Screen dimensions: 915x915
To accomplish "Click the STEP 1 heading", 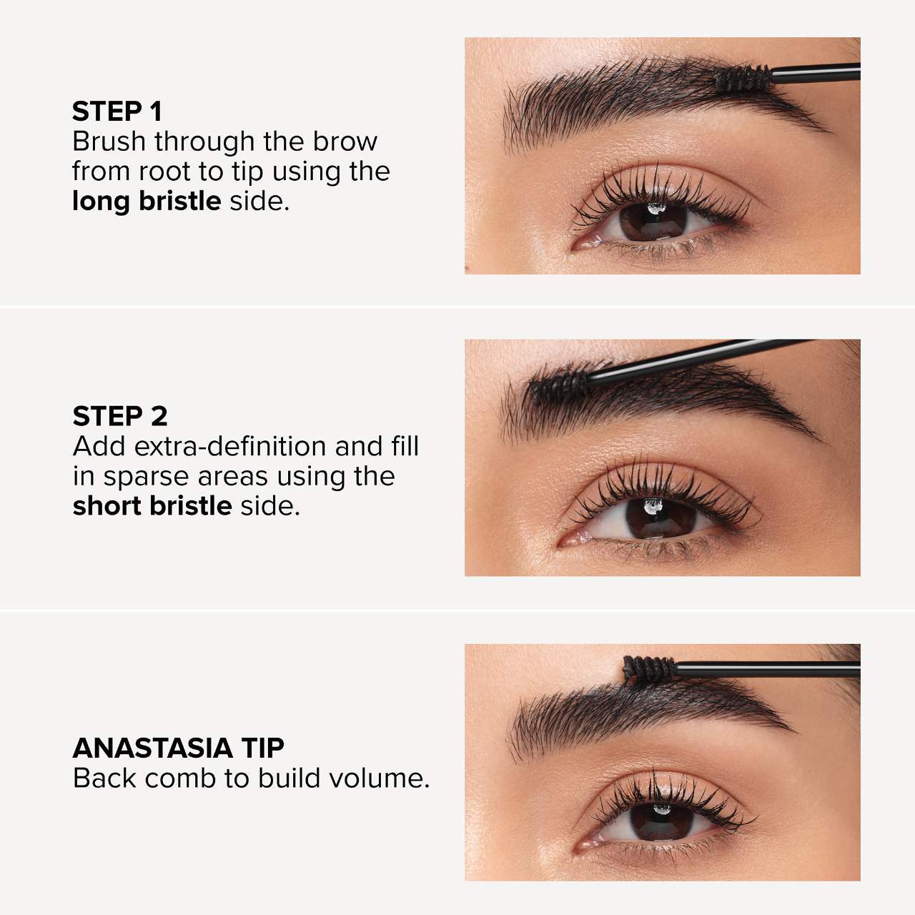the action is pos(117,112).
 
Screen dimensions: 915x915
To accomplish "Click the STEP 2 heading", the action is pos(120,416).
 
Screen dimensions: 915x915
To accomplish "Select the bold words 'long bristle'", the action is pos(147,202).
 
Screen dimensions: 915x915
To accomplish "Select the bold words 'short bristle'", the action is pos(152,505).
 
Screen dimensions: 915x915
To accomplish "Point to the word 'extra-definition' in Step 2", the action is pos(230,446).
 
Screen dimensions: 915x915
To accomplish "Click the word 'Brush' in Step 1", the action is pos(109,142).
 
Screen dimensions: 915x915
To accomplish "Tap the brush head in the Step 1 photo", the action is pos(743,79).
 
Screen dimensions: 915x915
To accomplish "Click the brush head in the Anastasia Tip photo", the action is pos(650,670).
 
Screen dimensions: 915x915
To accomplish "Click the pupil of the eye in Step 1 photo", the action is pos(653,222).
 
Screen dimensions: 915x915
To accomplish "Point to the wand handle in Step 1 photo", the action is pos(816,73).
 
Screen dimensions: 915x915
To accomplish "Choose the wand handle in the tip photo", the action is pos(767,670).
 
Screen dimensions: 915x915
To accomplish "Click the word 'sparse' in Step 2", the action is pos(147,478).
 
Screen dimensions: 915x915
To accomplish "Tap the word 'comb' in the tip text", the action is pos(180,778).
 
